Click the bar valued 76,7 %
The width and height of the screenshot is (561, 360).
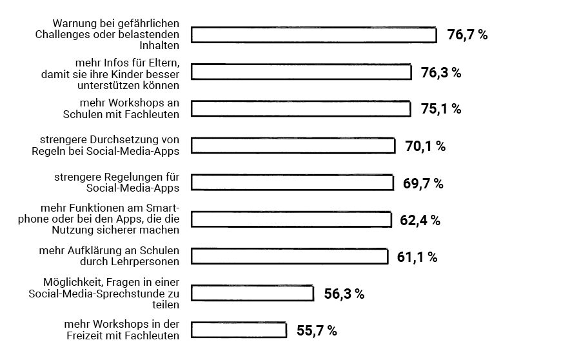click(x=314, y=35)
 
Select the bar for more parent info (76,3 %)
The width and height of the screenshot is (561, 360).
click(x=301, y=72)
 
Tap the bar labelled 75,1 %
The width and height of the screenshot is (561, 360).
click(x=300, y=108)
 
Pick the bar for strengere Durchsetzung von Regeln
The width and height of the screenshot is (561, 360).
click(x=293, y=146)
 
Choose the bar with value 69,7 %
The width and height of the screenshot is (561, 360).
click(x=292, y=183)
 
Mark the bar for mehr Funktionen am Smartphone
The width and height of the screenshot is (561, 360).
click(x=291, y=219)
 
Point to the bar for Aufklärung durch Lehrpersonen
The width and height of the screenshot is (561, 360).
click(x=290, y=256)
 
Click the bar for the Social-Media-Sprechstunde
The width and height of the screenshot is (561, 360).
click(x=252, y=293)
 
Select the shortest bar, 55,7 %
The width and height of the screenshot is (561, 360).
click(x=239, y=330)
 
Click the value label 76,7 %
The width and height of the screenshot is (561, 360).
click(x=467, y=35)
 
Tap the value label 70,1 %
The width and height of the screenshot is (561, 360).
click(x=425, y=146)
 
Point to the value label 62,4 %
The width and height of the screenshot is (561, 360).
click(x=420, y=220)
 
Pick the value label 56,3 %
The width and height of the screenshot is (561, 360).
click(x=344, y=294)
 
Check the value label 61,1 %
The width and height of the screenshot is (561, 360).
click(x=417, y=257)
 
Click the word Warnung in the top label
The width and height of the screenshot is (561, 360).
click(x=74, y=24)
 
